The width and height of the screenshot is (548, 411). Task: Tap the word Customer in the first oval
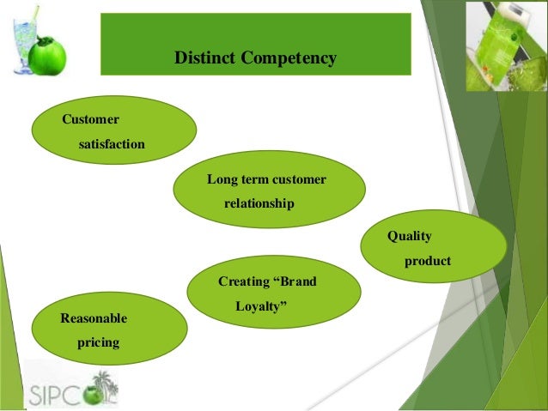pos(90,118)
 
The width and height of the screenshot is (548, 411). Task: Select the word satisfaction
pos(112,144)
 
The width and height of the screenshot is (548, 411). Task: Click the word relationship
pos(259,204)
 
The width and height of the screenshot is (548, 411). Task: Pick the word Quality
pos(409,235)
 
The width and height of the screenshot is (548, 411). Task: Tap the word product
pos(427,261)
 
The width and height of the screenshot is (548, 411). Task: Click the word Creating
pos(244,281)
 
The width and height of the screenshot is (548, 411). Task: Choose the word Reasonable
pos(94,318)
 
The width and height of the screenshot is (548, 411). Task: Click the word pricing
pos(98,344)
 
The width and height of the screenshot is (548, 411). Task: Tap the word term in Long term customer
pos(254,179)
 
